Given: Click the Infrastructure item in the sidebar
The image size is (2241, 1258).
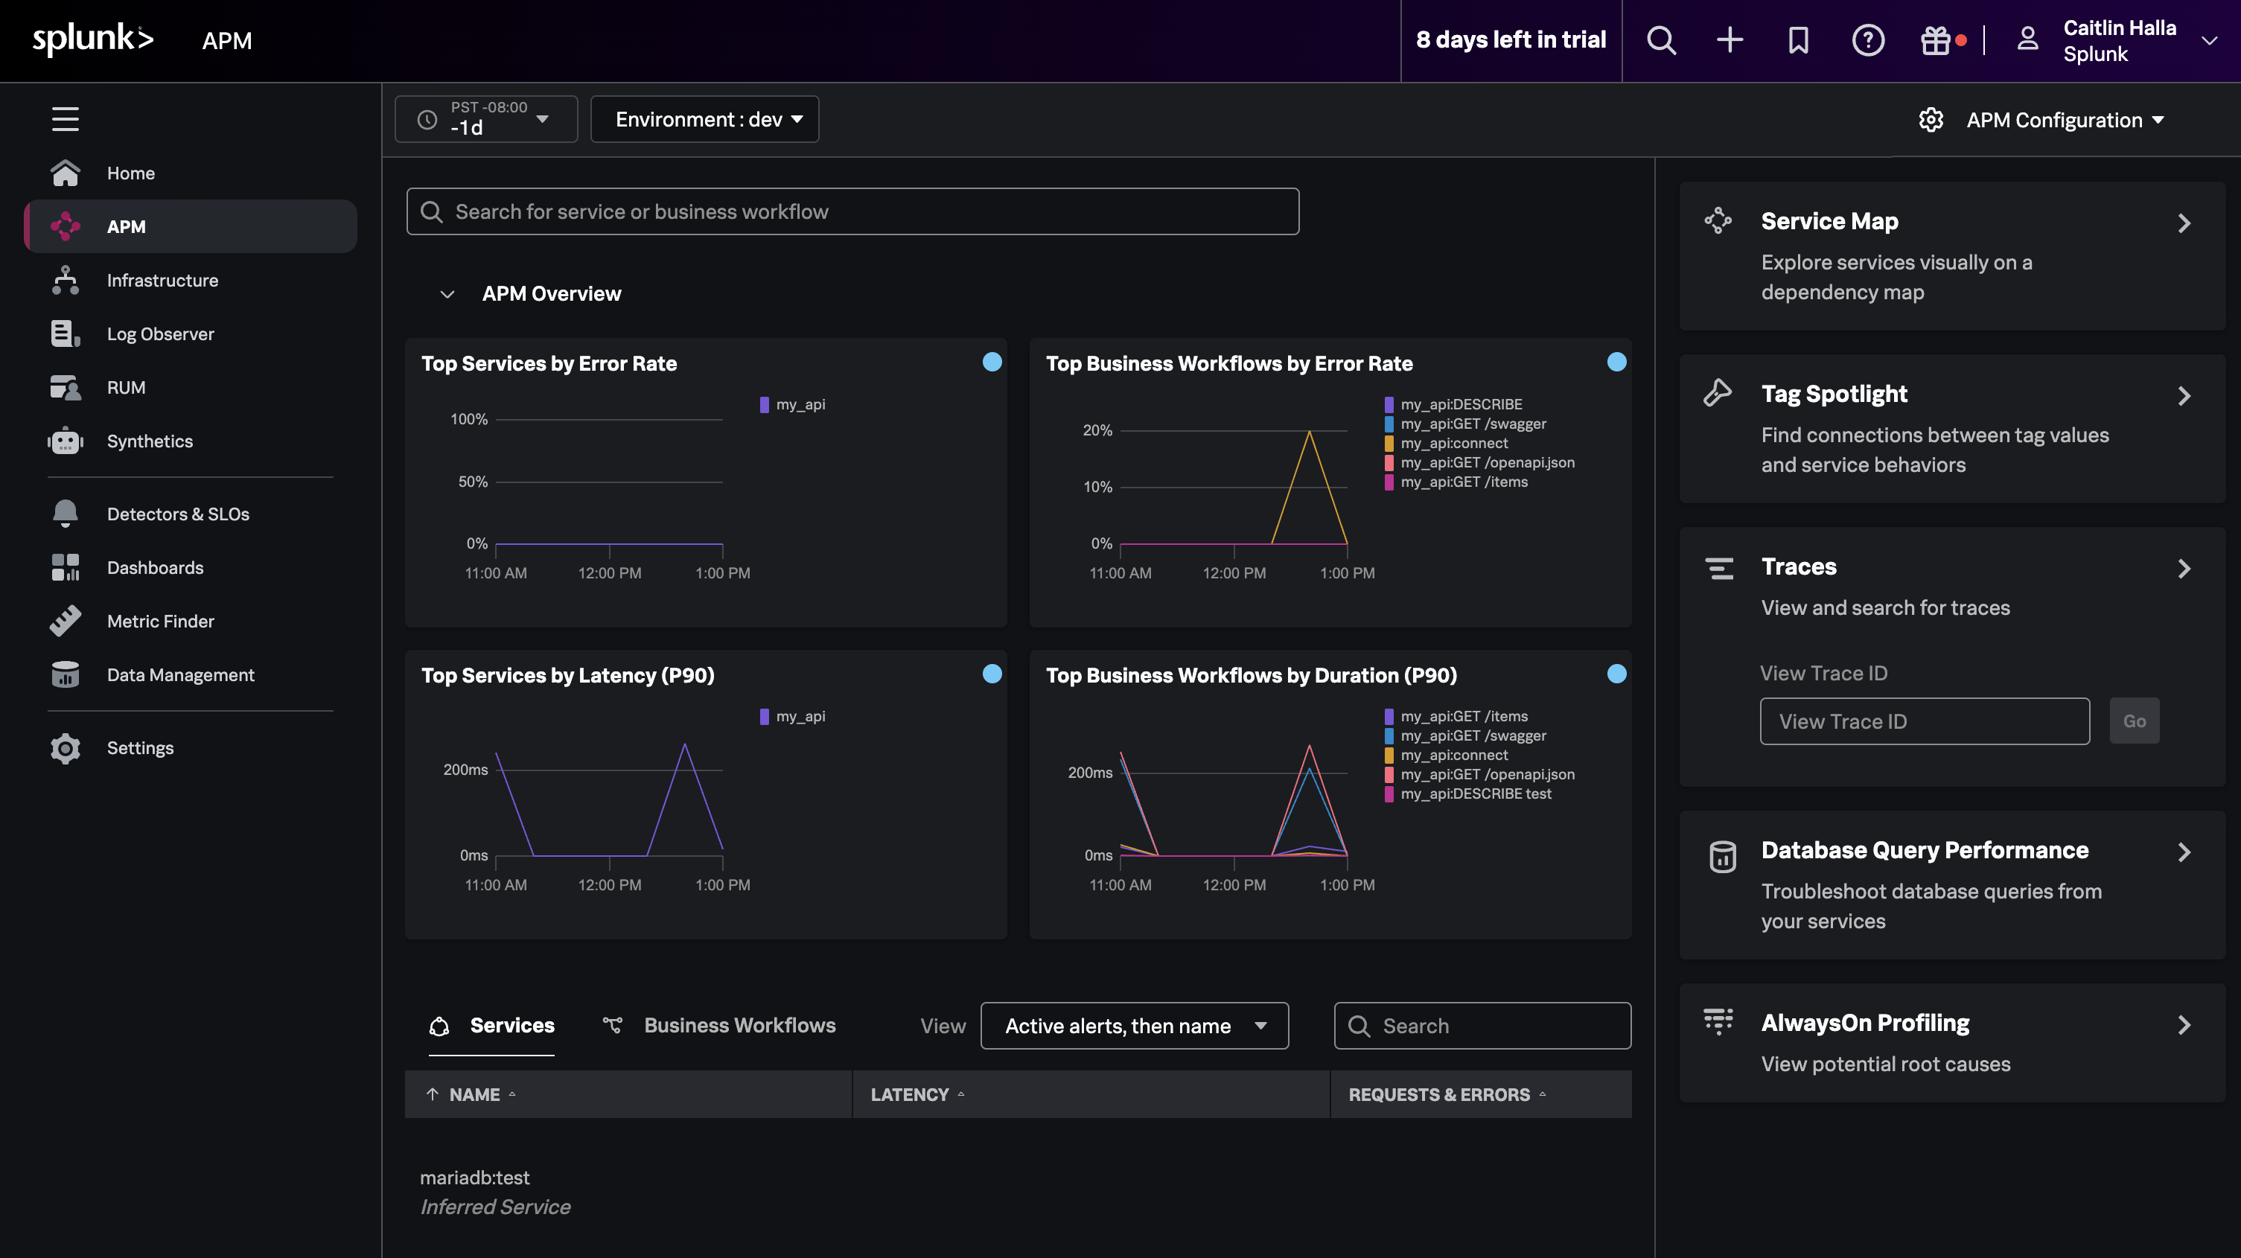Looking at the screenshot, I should click(x=162, y=280).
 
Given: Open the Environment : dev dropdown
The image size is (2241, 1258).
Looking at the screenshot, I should click(x=704, y=119).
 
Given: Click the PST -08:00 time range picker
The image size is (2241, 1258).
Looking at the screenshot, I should click(x=485, y=119).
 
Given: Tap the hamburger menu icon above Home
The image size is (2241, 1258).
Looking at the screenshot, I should click(x=66, y=118).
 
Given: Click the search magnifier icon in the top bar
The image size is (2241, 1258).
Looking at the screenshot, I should click(x=1661, y=40).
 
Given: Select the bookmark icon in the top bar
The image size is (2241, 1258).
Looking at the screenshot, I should click(x=1798, y=40).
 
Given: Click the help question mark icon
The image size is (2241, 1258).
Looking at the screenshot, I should click(x=1868, y=40).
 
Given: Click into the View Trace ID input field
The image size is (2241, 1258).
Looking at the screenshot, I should click(x=1925, y=721).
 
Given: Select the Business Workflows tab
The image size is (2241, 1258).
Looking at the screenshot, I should click(x=739, y=1026).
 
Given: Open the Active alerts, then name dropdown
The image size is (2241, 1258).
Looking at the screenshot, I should click(x=1134, y=1026).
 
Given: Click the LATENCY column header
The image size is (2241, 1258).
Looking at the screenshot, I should click(x=909, y=1094).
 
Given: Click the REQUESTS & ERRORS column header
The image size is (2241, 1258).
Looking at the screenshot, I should click(x=1439, y=1094).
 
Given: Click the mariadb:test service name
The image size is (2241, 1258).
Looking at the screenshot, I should click(x=474, y=1177).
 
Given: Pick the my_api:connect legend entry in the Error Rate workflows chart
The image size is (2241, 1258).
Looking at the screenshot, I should click(x=1454, y=443).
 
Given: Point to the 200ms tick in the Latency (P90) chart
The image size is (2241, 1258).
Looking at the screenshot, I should click(x=465, y=770).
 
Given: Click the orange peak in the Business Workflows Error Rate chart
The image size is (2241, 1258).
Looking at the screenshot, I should click(x=1310, y=433).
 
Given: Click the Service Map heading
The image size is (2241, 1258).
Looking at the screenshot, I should click(x=1829, y=221).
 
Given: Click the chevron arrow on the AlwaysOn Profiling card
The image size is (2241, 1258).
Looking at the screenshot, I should click(x=2184, y=1025).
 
